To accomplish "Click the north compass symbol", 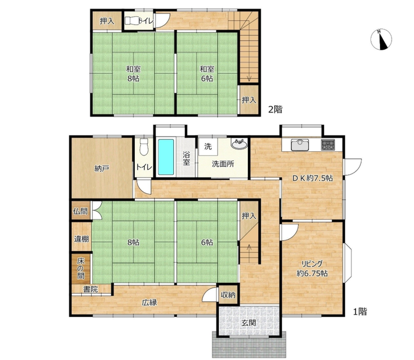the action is click(x=381, y=39).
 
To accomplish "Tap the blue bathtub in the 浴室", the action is click(x=166, y=157).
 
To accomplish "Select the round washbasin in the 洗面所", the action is click(x=239, y=144).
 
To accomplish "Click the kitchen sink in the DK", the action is click(x=300, y=144).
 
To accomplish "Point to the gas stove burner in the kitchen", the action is click(x=328, y=144).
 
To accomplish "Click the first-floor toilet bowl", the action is click(x=144, y=147).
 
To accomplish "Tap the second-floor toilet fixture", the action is click(x=131, y=21).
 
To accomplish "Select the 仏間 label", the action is click(x=81, y=211).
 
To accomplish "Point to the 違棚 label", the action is click(x=81, y=239).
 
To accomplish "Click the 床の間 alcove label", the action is click(x=81, y=269).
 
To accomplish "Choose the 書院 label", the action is click(x=91, y=289).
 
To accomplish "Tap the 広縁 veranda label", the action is click(x=149, y=302).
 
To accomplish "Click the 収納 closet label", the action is click(x=228, y=294).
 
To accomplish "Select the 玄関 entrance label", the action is click(x=249, y=322).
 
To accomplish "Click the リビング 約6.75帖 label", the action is click(x=312, y=268).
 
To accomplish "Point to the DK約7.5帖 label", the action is click(x=312, y=178).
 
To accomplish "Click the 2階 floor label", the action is click(x=275, y=109).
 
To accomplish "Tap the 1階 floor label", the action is click(x=360, y=312).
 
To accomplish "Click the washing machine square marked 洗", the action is click(x=208, y=147).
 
